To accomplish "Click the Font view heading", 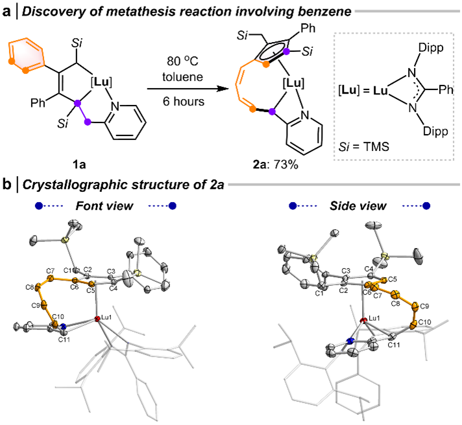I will [x=107, y=206].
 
